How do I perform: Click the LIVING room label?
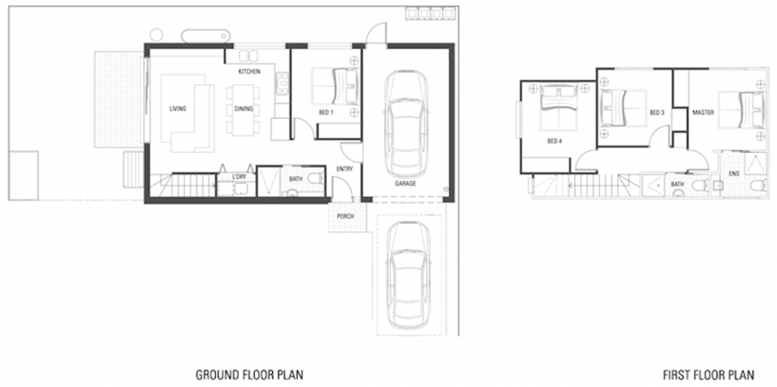tap(177, 109)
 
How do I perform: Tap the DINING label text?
tap(242, 109)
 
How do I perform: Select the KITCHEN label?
tap(249, 71)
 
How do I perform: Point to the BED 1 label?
tap(326, 113)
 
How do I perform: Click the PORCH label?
tap(346, 216)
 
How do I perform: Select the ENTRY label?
tap(345, 169)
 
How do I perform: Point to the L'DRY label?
tap(239, 179)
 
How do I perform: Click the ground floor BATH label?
tap(295, 179)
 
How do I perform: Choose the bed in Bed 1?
tap(336, 85)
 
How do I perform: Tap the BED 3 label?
tap(657, 113)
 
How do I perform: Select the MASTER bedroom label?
tap(702, 113)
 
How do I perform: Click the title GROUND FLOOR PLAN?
tap(249, 375)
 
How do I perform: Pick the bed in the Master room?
tap(738, 110)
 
